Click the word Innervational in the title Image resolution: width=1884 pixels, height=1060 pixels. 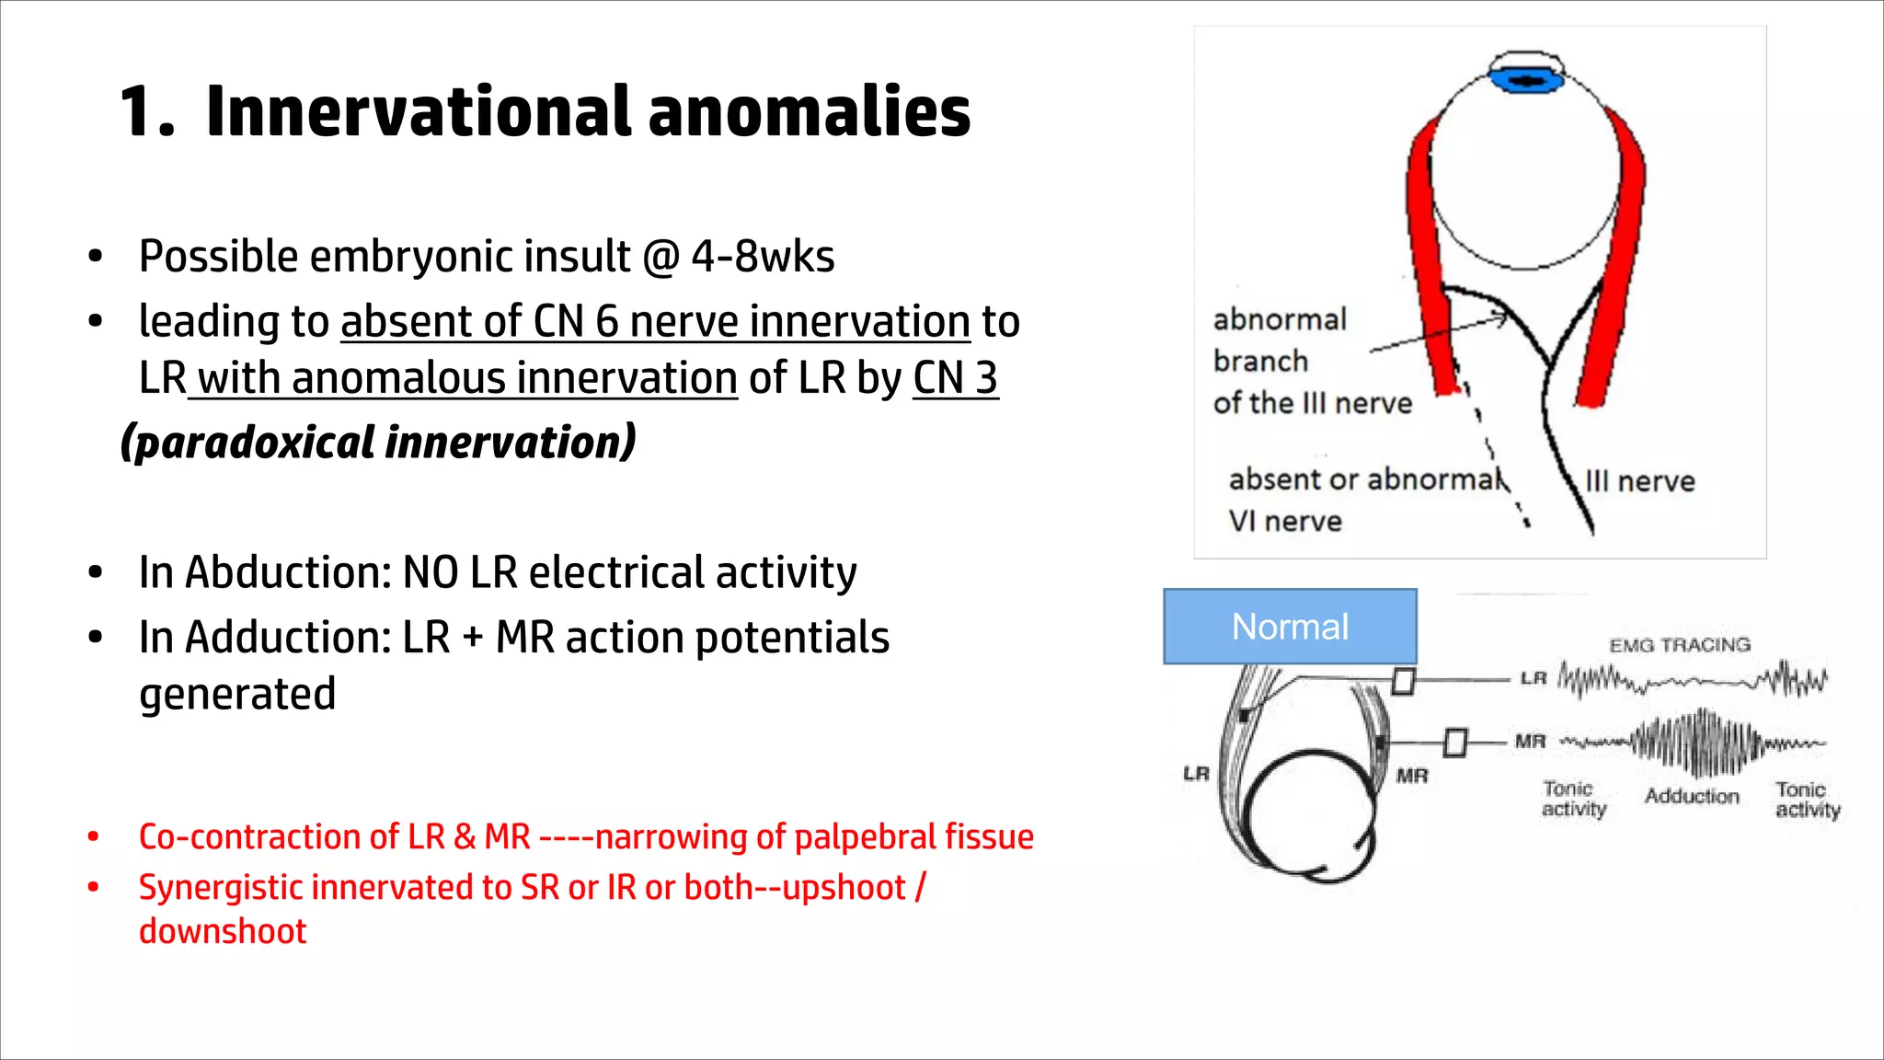coord(419,112)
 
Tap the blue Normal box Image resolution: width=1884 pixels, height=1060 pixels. coord(1290,627)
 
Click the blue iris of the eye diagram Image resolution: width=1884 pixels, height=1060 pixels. coord(1527,81)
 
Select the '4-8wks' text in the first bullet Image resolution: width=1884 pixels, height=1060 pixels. coord(763,257)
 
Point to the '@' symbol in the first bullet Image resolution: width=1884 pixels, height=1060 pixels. coord(661,257)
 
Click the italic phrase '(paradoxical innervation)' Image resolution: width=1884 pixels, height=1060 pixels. coord(378,443)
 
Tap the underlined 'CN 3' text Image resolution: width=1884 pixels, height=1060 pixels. coord(955,378)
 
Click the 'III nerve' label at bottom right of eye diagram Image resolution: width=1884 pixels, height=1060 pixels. coord(1639,481)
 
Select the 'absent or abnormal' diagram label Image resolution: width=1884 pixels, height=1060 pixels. coord(1367,479)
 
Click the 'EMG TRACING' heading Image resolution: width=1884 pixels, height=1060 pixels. coord(1680,645)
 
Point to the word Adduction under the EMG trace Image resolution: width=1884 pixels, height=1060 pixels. coord(1692,796)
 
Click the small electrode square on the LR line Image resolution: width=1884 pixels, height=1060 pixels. coord(1403,682)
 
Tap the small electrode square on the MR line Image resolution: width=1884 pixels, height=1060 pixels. coord(1454,742)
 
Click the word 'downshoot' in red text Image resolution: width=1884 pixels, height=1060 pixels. coord(223,931)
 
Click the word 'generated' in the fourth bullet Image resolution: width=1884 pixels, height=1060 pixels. coord(237,694)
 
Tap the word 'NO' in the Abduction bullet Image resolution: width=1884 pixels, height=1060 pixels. coord(431,572)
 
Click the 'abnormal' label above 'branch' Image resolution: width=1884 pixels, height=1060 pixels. coord(1280,320)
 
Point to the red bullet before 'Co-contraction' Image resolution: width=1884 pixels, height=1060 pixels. coord(94,837)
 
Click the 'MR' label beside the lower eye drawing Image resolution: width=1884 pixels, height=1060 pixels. coord(1412,776)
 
